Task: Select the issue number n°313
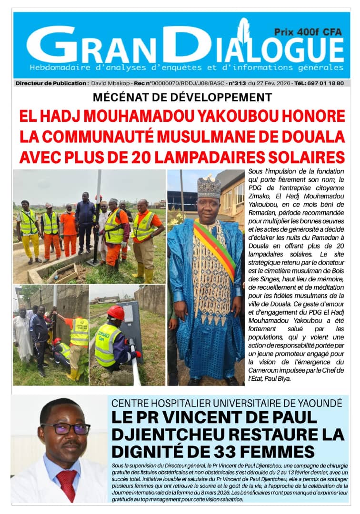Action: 237,83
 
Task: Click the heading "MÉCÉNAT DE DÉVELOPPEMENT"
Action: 182,98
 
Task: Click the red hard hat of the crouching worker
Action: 115,312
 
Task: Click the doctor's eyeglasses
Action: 65,428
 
